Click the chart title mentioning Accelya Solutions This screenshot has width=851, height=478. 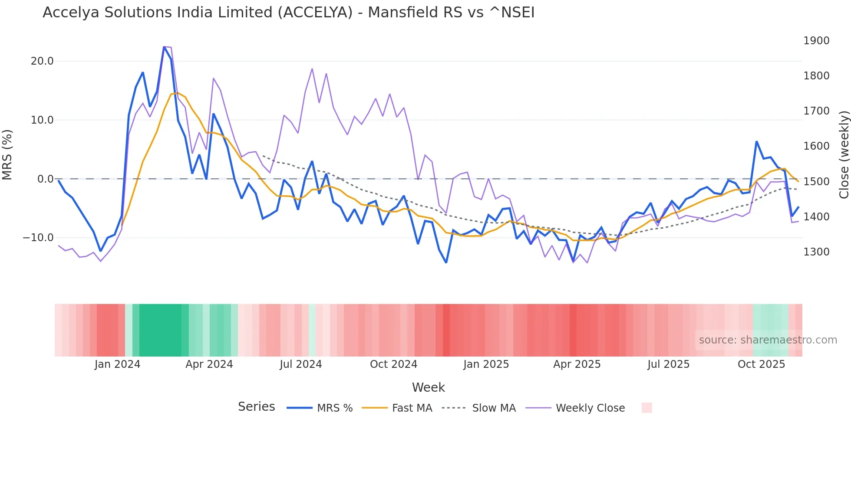288,13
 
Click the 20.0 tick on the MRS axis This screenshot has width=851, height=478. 42,61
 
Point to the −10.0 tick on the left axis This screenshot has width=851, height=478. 38,238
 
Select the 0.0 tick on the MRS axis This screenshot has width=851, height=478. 45,179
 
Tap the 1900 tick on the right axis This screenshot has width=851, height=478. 816,41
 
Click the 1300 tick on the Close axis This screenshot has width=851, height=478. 816,252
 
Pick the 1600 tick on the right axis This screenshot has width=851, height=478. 816,146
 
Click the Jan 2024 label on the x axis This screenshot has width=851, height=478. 117,364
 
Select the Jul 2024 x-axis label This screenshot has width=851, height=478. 300,364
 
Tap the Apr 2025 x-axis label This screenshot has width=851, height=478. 577,364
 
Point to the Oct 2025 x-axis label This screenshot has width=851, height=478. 761,364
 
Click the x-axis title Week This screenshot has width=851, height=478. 428,387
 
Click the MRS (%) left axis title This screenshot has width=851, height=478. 7,154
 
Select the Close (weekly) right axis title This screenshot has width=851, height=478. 844,155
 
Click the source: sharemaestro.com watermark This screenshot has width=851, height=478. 768,340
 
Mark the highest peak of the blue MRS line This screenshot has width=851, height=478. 164,47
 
